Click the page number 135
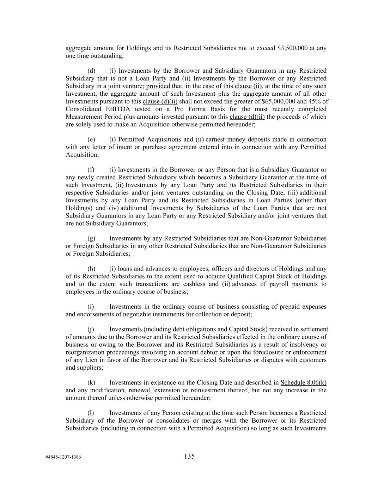(189, 456)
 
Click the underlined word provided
(158, 86)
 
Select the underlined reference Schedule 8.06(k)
(303, 382)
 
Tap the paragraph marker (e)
(91, 139)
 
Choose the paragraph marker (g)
(91, 238)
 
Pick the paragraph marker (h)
(91, 269)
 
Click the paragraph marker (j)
(91, 329)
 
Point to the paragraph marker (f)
(91, 170)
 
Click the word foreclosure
(259, 352)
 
